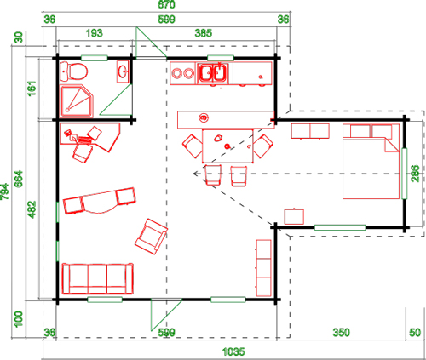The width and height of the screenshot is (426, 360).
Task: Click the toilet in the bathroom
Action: [73, 71]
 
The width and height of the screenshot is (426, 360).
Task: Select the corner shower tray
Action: [77, 101]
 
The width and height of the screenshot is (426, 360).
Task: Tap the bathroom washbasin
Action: [123, 71]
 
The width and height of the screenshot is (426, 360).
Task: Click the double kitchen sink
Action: [213, 73]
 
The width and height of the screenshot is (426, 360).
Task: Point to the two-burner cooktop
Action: [182, 73]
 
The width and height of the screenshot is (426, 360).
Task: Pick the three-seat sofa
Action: [98, 278]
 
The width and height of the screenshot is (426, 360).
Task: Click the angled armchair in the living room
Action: [151, 237]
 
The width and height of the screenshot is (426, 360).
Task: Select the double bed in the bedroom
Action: [371, 161]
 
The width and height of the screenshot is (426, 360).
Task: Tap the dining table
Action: [227, 146]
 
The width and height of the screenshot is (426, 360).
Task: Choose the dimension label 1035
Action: [233, 351]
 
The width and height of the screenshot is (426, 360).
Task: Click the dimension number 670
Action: [166, 4]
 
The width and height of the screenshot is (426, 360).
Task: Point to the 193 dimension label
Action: [94, 33]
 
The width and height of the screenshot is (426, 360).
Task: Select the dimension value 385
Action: [204, 33]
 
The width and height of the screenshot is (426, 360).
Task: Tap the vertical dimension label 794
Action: [5, 191]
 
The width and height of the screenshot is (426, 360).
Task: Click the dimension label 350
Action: [341, 332]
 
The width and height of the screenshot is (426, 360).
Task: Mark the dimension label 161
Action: [32, 89]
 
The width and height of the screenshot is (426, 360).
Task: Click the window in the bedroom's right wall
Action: [405, 174]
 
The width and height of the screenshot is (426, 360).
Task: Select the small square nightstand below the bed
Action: [294, 216]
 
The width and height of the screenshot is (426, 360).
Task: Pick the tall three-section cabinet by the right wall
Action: [263, 268]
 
